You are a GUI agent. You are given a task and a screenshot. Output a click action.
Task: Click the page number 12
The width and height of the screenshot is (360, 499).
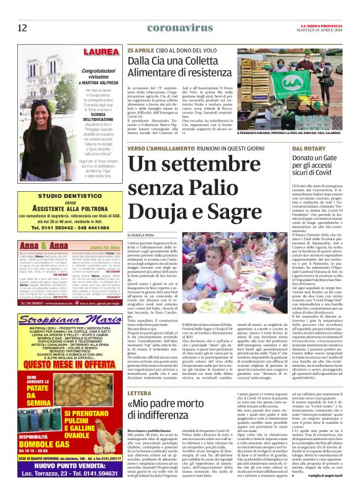click(x=22, y=27)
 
